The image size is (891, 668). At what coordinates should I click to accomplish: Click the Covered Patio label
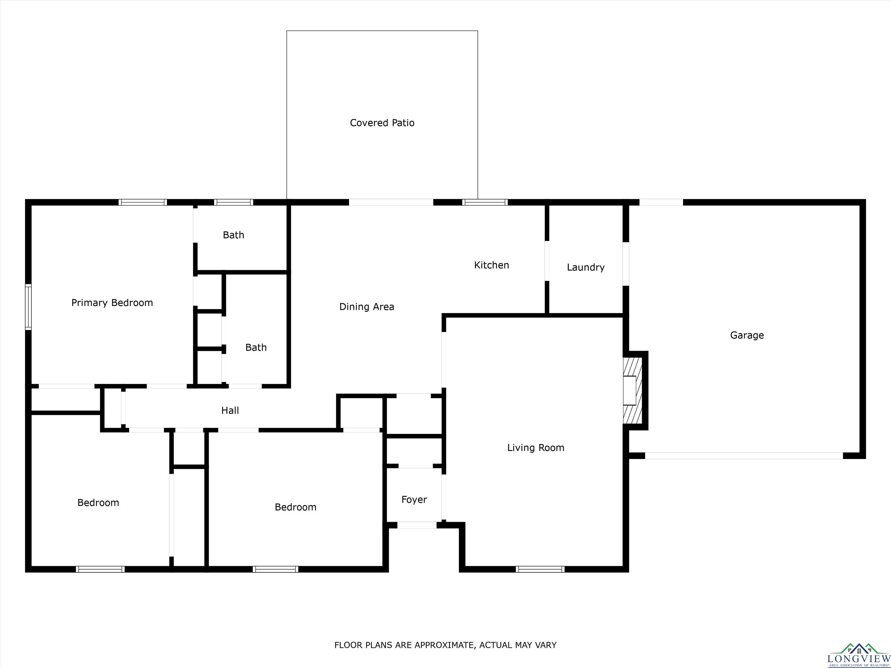[x=382, y=123]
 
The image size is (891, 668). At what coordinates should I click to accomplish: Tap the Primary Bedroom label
[x=112, y=303]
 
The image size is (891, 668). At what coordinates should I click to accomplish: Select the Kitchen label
[x=491, y=265]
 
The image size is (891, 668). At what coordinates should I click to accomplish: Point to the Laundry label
[x=586, y=267]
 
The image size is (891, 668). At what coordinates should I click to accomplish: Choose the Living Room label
[x=535, y=447]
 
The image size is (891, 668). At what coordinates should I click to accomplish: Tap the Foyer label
[x=414, y=500]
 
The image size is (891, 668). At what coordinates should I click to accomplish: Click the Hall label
[x=230, y=410]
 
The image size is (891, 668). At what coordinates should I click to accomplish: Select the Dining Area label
[x=367, y=307]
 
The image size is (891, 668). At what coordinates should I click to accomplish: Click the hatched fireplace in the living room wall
[x=632, y=390]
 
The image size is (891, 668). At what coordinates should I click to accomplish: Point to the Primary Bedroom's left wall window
[x=28, y=307]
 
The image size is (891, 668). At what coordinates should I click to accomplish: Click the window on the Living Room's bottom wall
[x=540, y=569]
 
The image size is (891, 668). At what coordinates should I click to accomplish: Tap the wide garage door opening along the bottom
[x=744, y=455]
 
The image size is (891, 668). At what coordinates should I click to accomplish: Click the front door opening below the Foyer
[x=417, y=525]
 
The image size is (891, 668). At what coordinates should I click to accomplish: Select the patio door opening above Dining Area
[x=391, y=202]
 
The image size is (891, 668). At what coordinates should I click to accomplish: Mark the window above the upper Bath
[x=233, y=202]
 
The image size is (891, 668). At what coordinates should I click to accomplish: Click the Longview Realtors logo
[x=859, y=656]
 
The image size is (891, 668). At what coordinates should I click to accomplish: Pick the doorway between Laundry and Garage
[x=626, y=264]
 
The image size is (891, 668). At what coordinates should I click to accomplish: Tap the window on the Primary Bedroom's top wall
[x=143, y=202]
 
